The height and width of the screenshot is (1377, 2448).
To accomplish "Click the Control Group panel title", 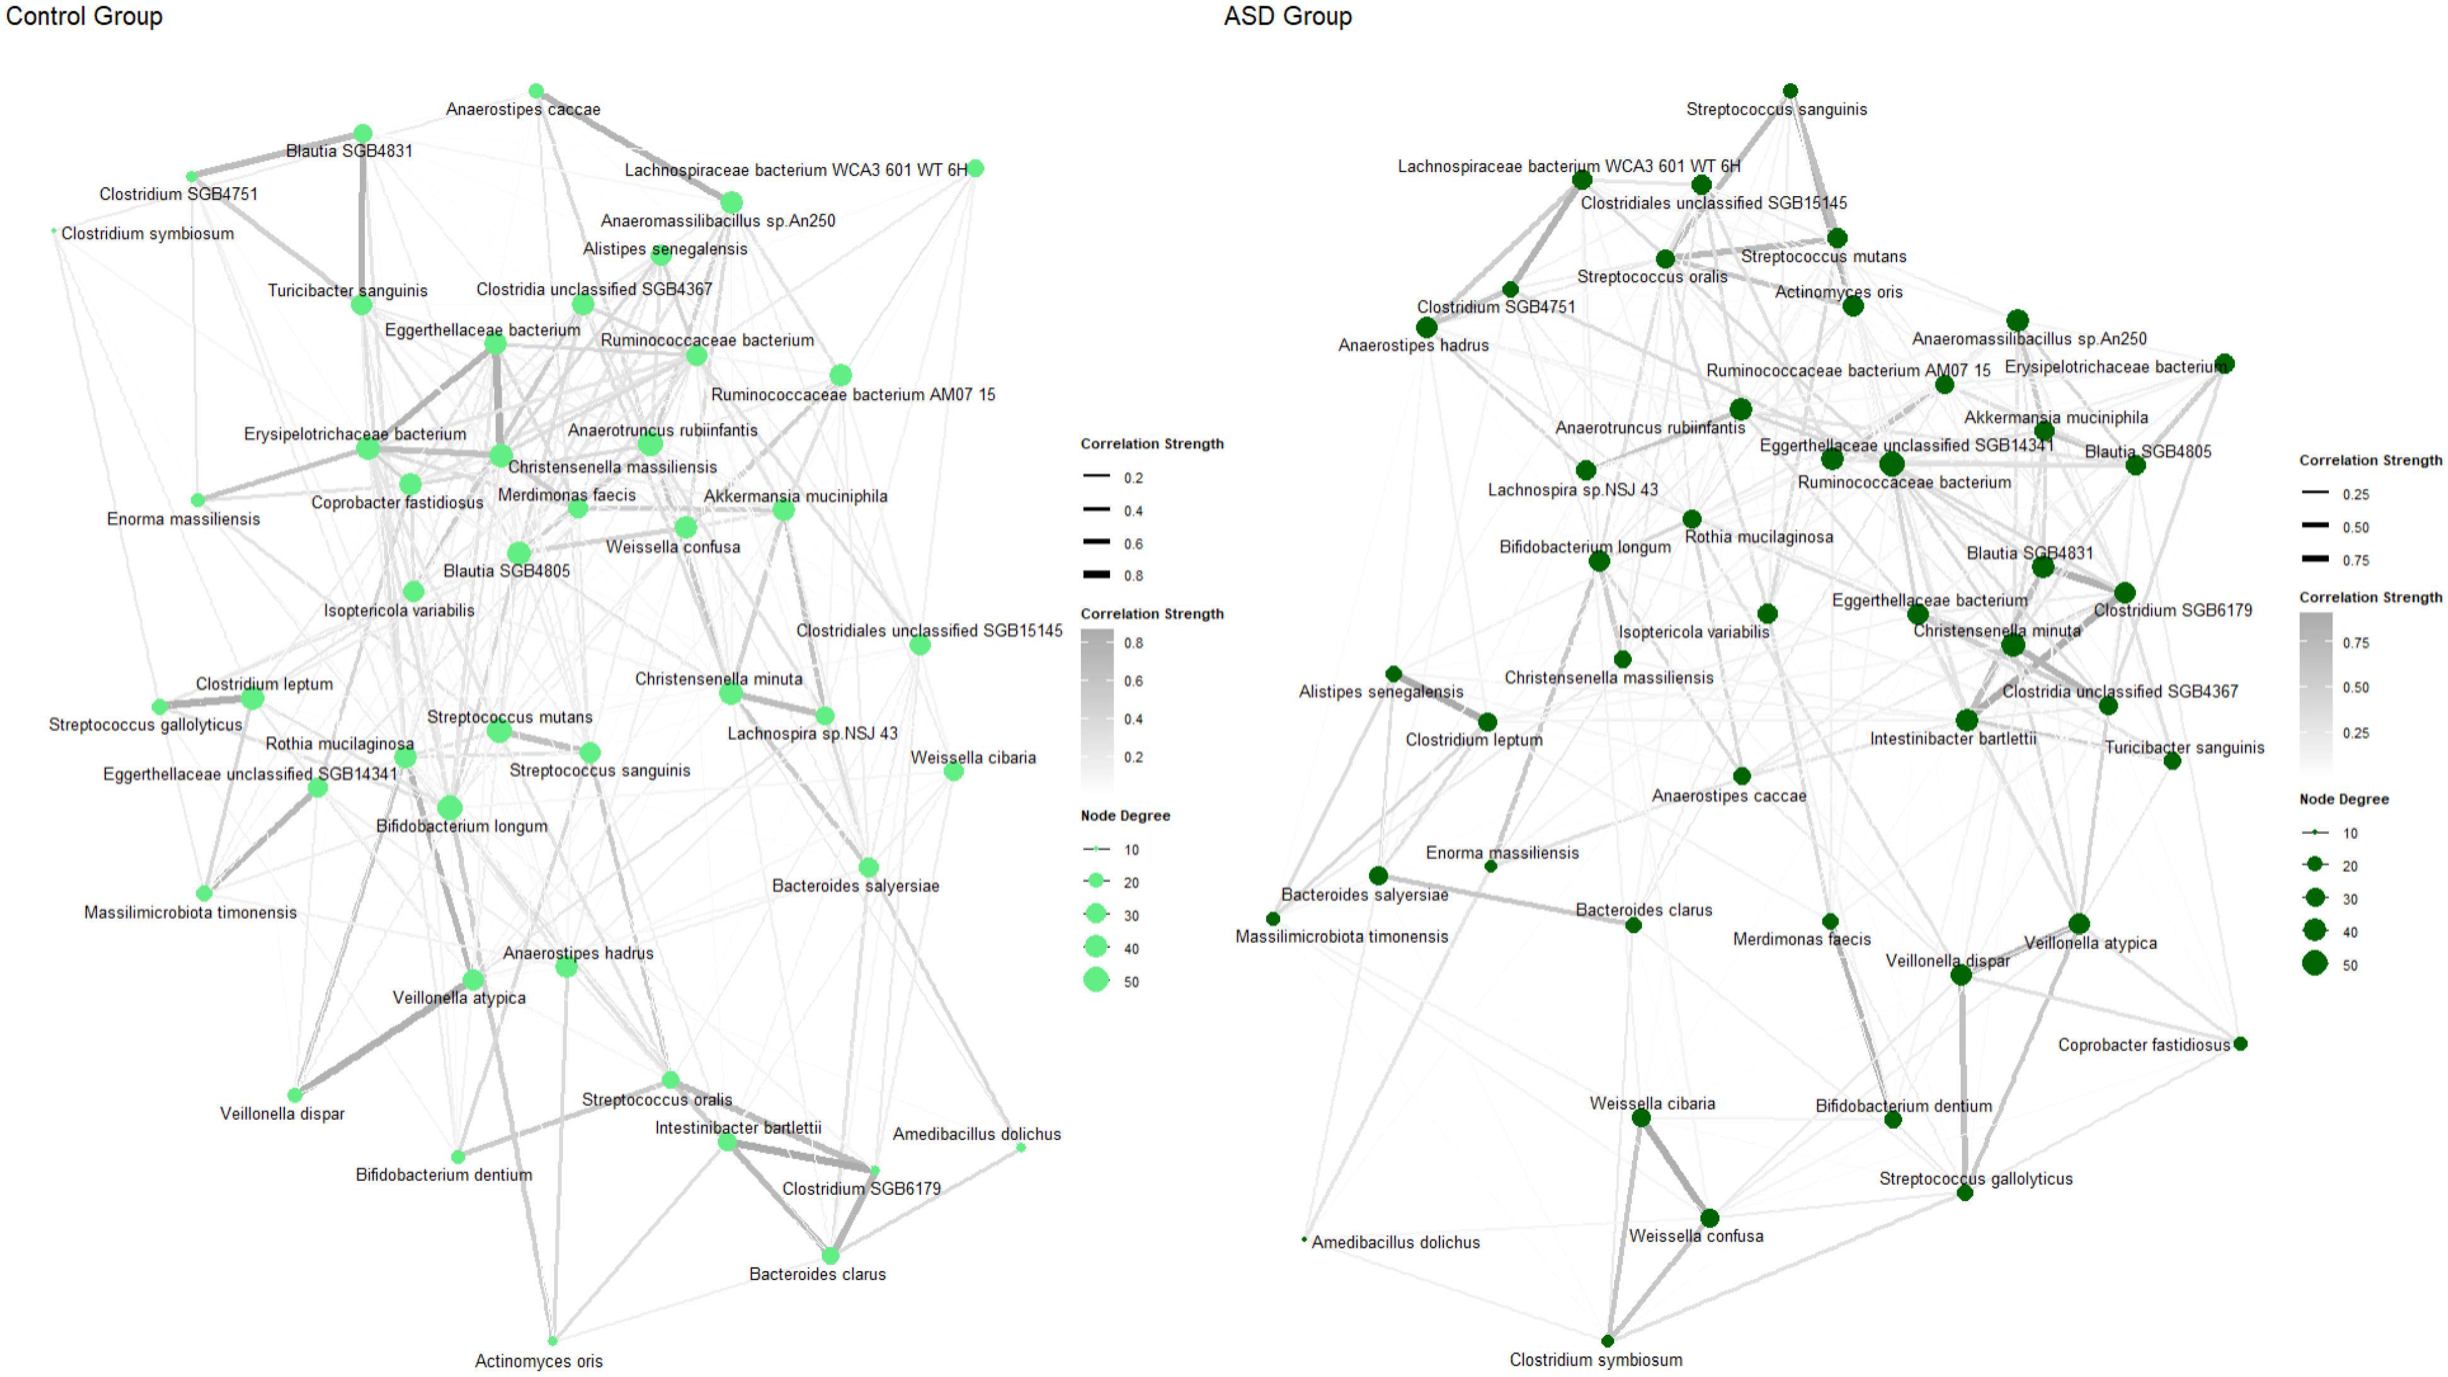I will click(x=84, y=16).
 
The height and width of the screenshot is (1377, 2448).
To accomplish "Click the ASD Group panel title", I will click(x=1287, y=16).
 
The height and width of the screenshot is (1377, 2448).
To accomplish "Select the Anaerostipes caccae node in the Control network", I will click(x=536, y=91).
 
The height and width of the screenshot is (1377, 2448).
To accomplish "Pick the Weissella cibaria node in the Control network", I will click(x=953, y=771).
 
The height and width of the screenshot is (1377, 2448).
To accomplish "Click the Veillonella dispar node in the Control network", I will click(x=294, y=1095).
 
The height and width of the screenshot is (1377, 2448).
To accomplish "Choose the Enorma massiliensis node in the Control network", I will click(x=198, y=500).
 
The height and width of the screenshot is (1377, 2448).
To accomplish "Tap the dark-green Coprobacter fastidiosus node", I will click(x=2240, y=1044).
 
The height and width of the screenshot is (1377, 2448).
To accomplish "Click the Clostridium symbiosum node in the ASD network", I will click(x=1607, y=1341).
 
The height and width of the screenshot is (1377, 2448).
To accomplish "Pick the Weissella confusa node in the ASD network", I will click(x=1709, y=1218).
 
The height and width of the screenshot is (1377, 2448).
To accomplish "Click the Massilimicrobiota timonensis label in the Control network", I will click(x=190, y=913).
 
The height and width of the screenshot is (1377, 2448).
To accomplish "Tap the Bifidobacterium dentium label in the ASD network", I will click(x=1903, y=1105).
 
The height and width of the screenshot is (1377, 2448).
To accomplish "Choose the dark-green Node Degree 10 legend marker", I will click(x=2315, y=833).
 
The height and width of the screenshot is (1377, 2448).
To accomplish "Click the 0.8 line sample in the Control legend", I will click(x=1097, y=574).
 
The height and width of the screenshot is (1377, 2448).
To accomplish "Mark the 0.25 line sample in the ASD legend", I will click(x=2315, y=492).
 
